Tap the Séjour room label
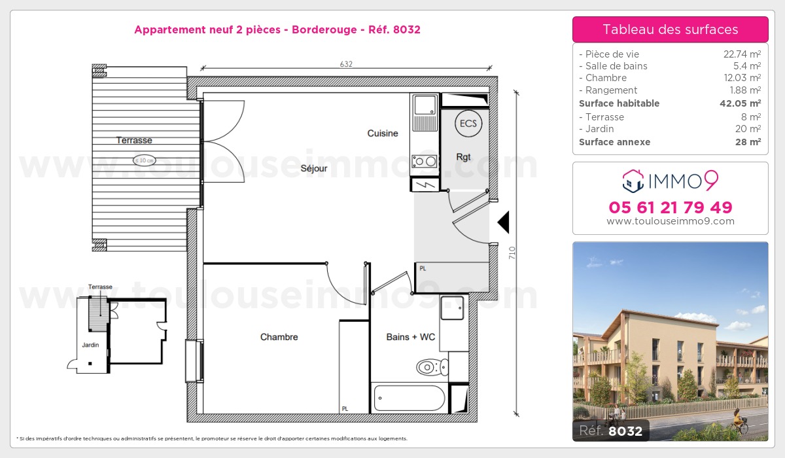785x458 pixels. coord(313,169)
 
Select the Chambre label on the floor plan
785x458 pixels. coord(279,337)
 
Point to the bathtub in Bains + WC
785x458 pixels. coord(410,398)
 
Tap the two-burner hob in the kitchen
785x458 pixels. coord(425,162)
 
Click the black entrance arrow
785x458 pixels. coord(504,222)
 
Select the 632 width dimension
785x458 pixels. coord(346,64)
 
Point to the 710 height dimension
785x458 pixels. coord(512,253)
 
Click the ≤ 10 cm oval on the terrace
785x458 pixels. coord(144,160)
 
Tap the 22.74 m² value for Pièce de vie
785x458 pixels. coord(742,54)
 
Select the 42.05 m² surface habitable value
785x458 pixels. coord(740,103)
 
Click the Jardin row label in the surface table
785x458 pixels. coord(600,129)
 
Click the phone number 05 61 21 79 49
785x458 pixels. coord(671,207)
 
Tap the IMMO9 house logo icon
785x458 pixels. coord(633,181)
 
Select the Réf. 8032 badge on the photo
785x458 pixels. coord(611,431)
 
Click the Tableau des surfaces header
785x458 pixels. coord(670,29)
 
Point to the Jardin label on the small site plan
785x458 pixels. coord(90,345)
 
